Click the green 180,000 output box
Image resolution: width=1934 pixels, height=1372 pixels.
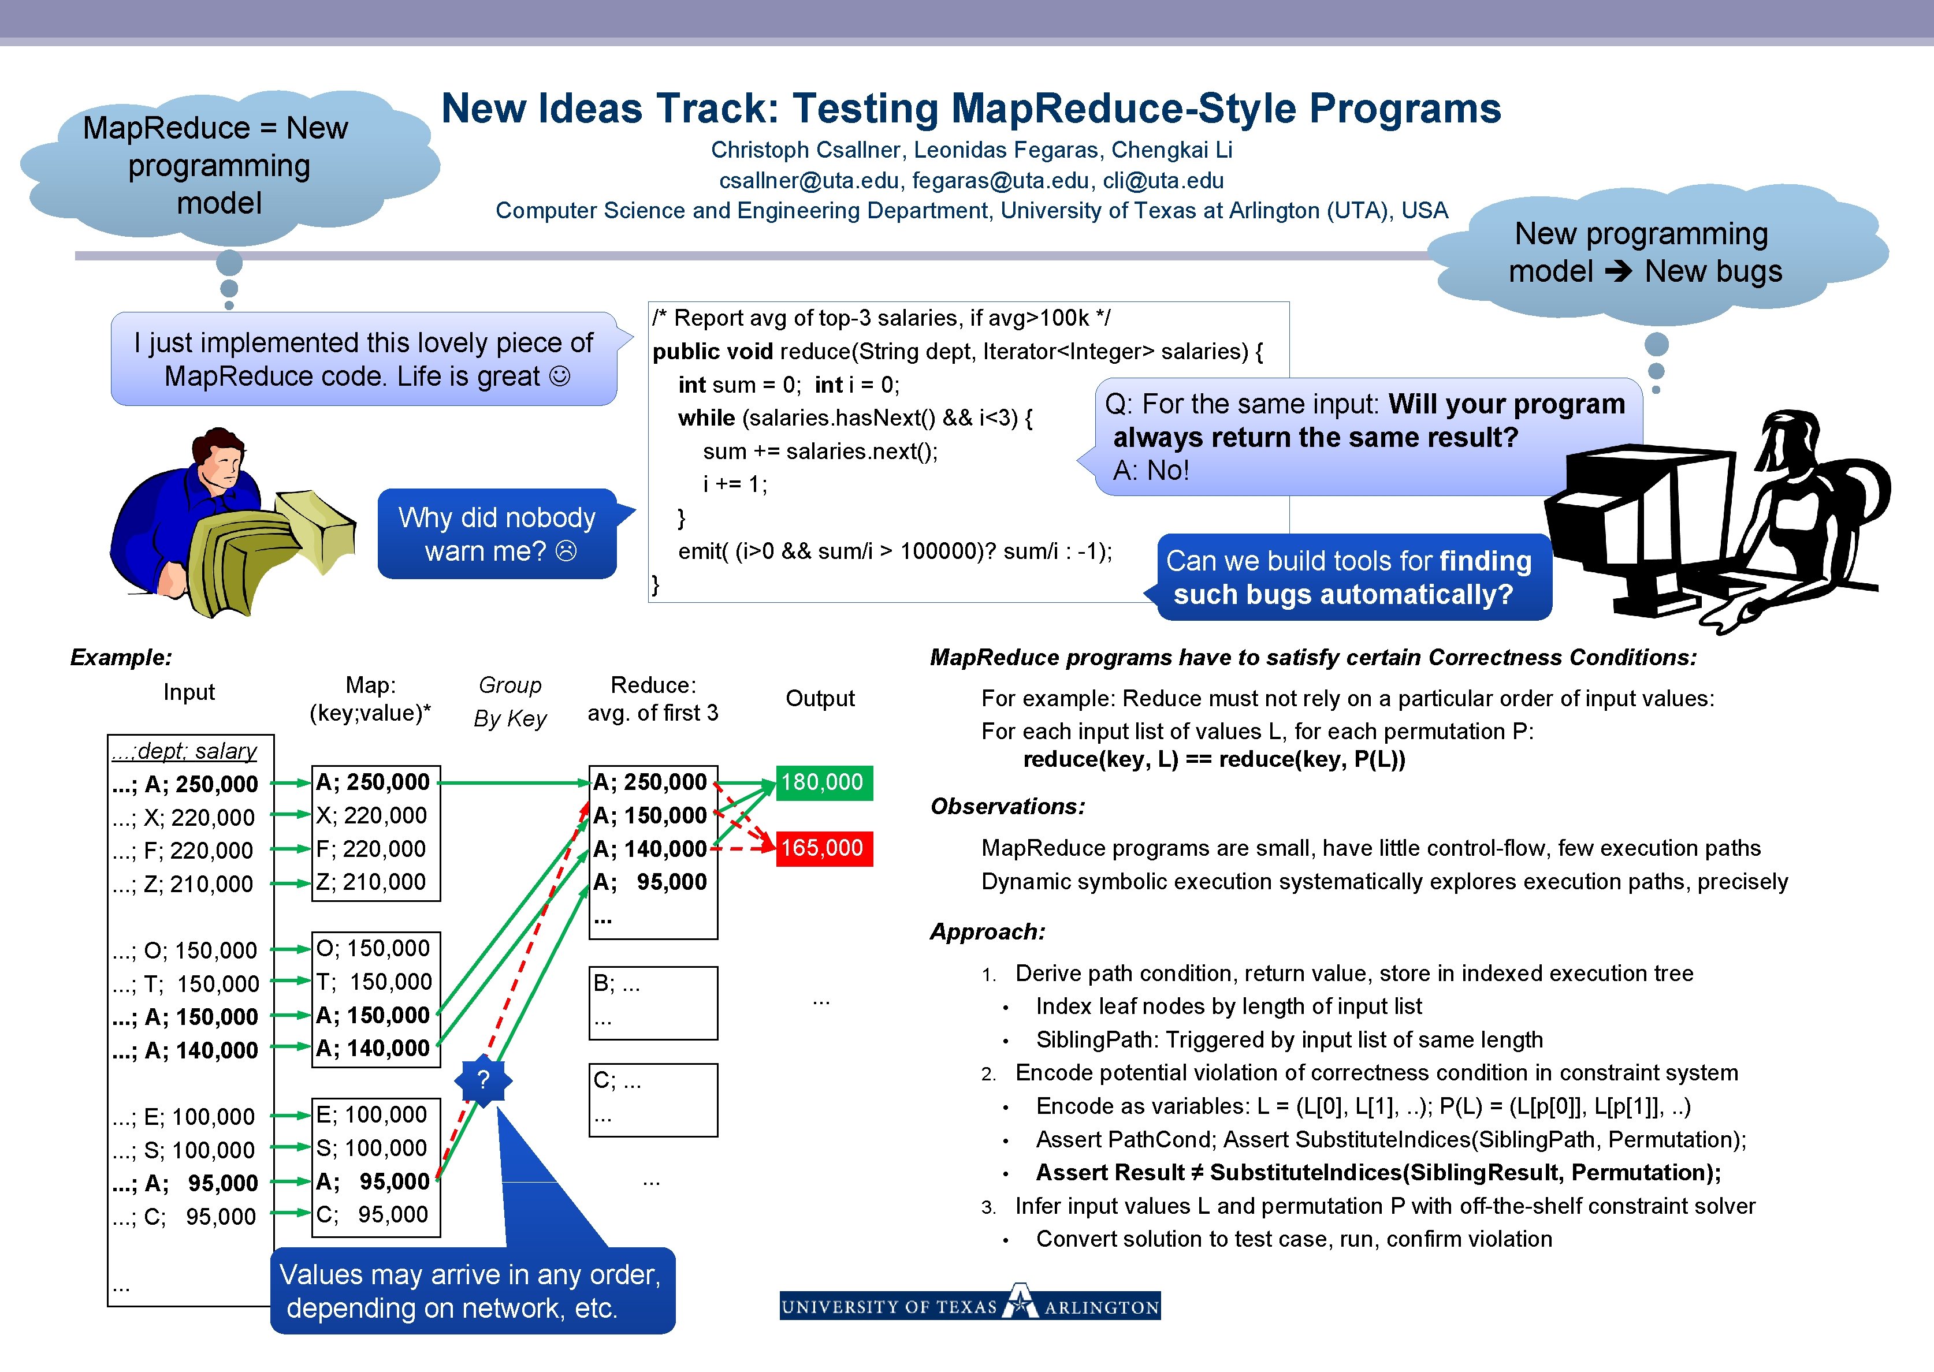(823, 782)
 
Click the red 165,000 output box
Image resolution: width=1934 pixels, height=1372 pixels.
(823, 848)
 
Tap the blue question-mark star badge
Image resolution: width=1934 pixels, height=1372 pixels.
(483, 1080)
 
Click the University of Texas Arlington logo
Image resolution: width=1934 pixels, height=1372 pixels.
(969, 1305)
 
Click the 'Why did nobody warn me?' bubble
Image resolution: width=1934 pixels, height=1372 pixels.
(497, 534)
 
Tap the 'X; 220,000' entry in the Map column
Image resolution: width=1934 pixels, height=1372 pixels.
(372, 815)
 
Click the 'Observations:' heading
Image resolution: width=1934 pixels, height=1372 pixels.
(1007, 806)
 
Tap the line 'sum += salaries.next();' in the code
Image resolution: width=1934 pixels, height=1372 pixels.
(820, 451)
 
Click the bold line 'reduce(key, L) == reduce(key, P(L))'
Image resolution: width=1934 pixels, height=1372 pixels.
(1213, 759)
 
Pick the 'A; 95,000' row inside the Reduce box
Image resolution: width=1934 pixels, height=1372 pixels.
(649, 882)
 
